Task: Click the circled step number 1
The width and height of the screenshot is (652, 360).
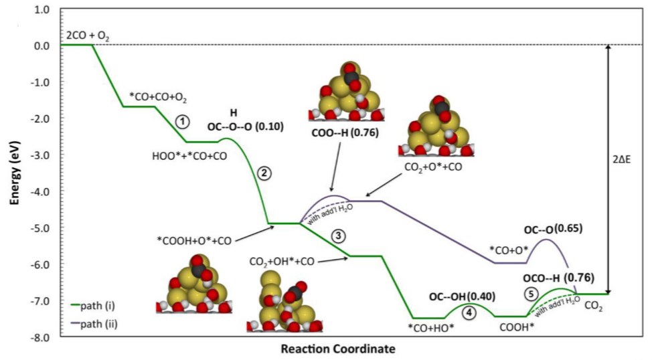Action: (x=181, y=122)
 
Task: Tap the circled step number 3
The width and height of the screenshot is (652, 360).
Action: (x=339, y=236)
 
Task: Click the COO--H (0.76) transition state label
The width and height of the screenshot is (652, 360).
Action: (x=345, y=132)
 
